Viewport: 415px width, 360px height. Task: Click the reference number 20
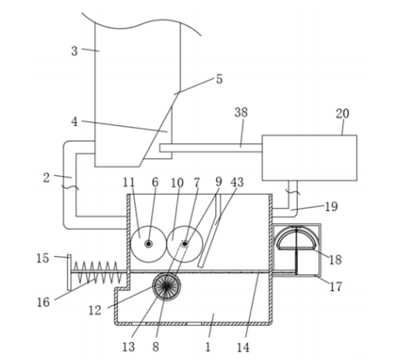(342, 114)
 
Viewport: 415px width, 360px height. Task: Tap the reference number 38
(241, 112)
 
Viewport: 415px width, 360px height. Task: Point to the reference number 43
(237, 182)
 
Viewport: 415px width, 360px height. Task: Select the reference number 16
(43, 302)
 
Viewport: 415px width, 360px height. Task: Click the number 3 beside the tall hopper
(74, 51)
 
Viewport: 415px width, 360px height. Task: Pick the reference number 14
(243, 347)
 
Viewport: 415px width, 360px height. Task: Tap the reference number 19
(332, 206)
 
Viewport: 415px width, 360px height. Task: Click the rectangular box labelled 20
(309, 158)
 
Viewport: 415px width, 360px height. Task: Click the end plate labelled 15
(70, 272)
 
